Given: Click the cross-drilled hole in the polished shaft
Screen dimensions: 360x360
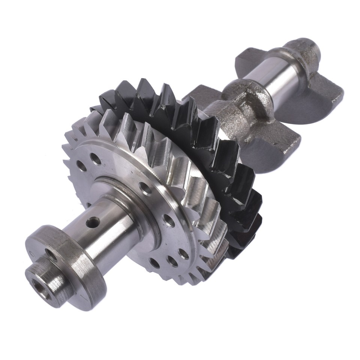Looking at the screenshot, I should (93, 223).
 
